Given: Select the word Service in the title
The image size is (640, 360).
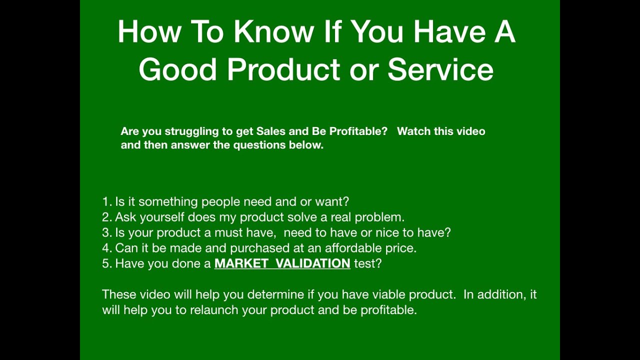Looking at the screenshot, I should pos(440,69).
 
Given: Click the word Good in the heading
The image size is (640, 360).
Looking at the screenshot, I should pos(177,69).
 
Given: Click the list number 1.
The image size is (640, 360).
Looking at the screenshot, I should pos(105,202).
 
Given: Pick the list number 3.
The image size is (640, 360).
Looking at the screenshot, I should pos(105,233).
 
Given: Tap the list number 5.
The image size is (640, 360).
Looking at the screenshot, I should pos(105,264).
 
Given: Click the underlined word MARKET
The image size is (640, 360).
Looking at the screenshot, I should pos(241,264).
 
